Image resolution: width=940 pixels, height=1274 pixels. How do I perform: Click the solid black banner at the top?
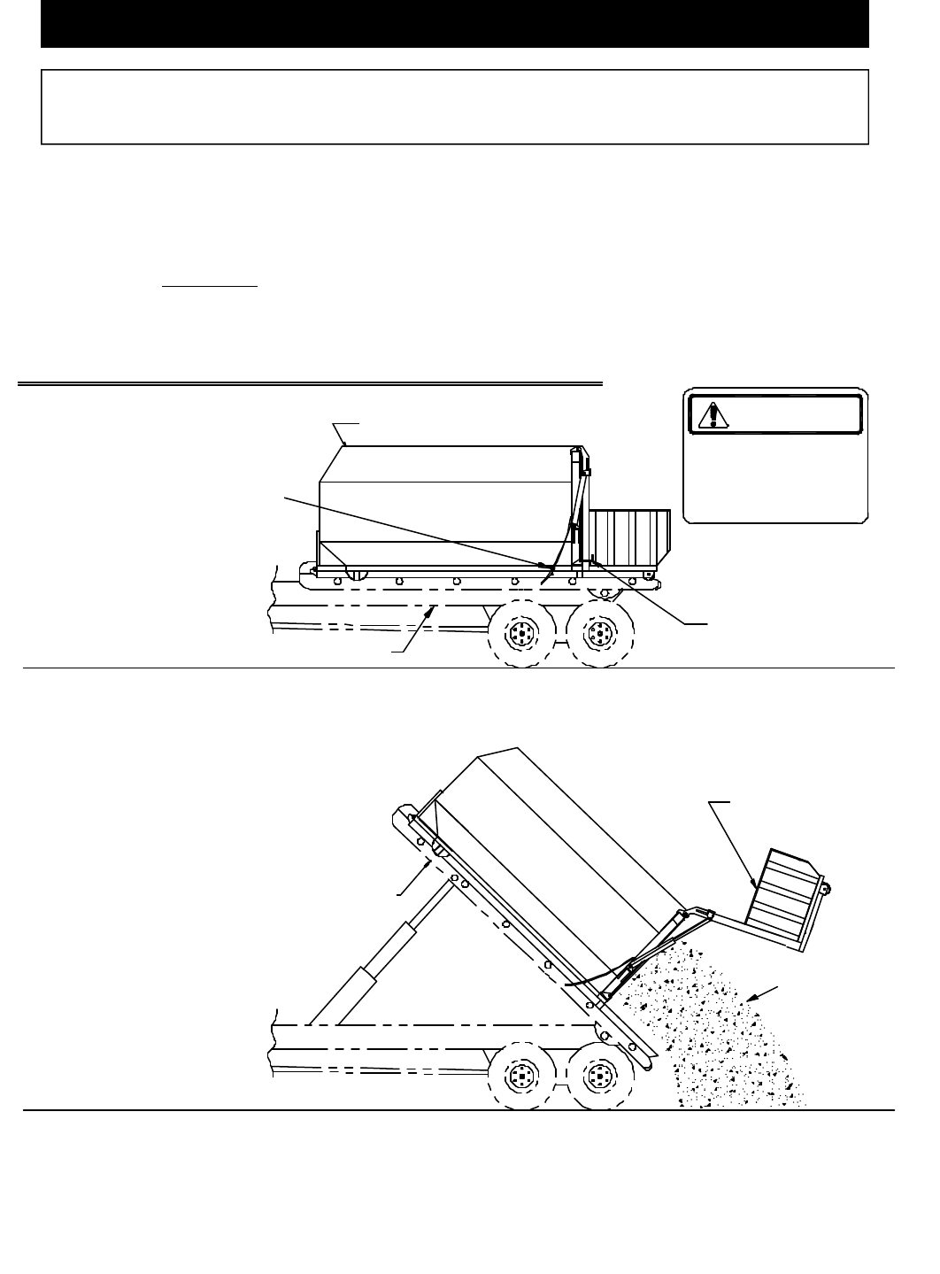pyautogui.click(x=454, y=24)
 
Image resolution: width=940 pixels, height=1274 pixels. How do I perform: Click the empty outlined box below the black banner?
pyautogui.click(x=454, y=106)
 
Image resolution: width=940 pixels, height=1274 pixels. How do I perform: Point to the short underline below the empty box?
pyautogui.click(x=210, y=287)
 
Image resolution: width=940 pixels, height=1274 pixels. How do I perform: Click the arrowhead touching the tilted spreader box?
pyautogui.click(x=753, y=883)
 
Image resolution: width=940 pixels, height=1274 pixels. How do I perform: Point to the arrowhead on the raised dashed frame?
pyautogui.click(x=431, y=863)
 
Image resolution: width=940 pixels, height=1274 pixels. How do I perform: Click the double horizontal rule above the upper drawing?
pyautogui.click(x=310, y=384)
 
